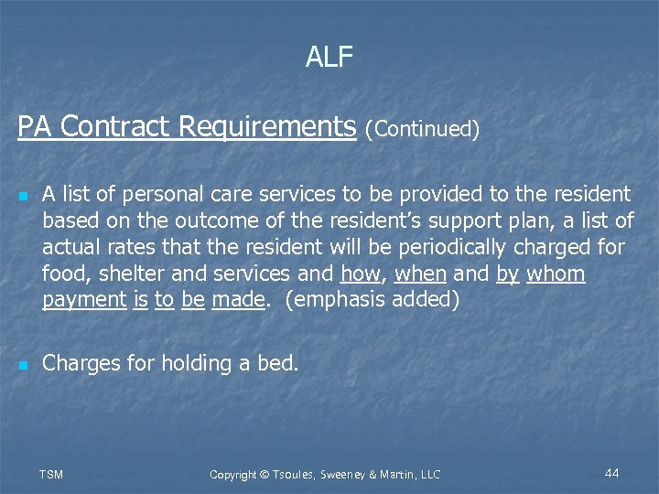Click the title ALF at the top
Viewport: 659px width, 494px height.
pyautogui.click(x=329, y=58)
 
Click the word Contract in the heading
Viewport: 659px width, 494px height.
pyautogui.click(x=116, y=127)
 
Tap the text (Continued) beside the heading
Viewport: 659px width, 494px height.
pyautogui.click(x=422, y=130)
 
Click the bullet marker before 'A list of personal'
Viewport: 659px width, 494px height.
pyautogui.click(x=24, y=197)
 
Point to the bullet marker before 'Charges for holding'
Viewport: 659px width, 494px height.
pyautogui.click(x=24, y=366)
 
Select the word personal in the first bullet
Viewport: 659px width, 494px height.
pyautogui.click(x=163, y=194)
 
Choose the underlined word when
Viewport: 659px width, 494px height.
pyautogui.click(x=420, y=274)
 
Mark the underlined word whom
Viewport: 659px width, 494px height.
pyautogui.click(x=556, y=274)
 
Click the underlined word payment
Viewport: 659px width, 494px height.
pyautogui.click(x=84, y=300)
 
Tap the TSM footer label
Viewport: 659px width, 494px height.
pyautogui.click(x=51, y=474)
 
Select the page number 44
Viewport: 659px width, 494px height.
pyautogui.click(x=612, y=473)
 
